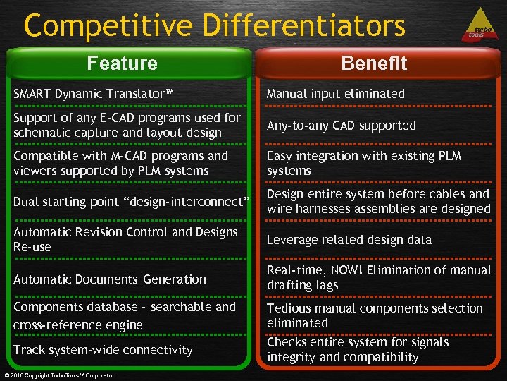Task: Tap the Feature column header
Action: [x=123, y=64]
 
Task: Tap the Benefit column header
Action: [x=374, y=64]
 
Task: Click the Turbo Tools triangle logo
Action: [x=478, y=26]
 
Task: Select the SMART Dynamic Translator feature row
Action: [x=94, y=94]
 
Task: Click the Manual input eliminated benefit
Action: [x=335, y=94]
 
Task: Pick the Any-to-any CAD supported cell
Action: [x=341, y=126]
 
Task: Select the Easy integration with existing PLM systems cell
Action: [x=363, y=163]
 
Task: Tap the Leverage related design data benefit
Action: [x=349, y=240]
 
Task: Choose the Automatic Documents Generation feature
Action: [x=110, y=279]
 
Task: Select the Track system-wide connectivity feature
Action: [x=103, y=350]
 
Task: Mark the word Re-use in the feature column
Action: [x=32, y=247]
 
